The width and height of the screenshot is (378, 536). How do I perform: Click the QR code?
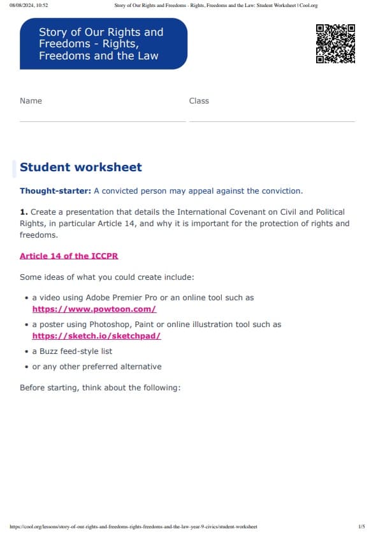pyautogui.click(x=335, y=43)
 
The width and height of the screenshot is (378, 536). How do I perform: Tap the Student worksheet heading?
pyautogui.click(x=81, y=167)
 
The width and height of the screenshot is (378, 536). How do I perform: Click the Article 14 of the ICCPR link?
pyautogui.click(x=69, y=256)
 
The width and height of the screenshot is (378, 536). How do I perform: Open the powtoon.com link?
pyautogui.click(x=94, y=309)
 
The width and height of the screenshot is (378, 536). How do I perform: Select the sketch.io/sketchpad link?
pyautogui.click(x=96, y=335)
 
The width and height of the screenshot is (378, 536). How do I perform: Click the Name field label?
pyautogui.click(x=31, y=101)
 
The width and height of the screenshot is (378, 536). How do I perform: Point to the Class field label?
pyautogui.click(x=199, y=101)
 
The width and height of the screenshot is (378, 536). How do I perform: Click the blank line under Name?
pyautogui.click(x=102, y=120)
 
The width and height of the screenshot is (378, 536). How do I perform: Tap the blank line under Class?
pyautogui.click(x=272, y=120)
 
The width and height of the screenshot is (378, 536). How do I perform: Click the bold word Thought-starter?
pyautogui.click(x=55, y=191)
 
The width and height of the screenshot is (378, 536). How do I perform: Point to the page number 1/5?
pyautogui.click(x=361, y=526)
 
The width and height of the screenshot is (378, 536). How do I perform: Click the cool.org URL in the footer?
pyautogui.click(x=134, y=526)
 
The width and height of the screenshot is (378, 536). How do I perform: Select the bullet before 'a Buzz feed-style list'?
pyautogui.click(x=26, y=351)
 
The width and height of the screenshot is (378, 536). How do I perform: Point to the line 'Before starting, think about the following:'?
pyautogui.click(x=100, y=387)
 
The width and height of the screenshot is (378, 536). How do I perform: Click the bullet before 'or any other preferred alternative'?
pyautogui.click(x=26, y=367)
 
